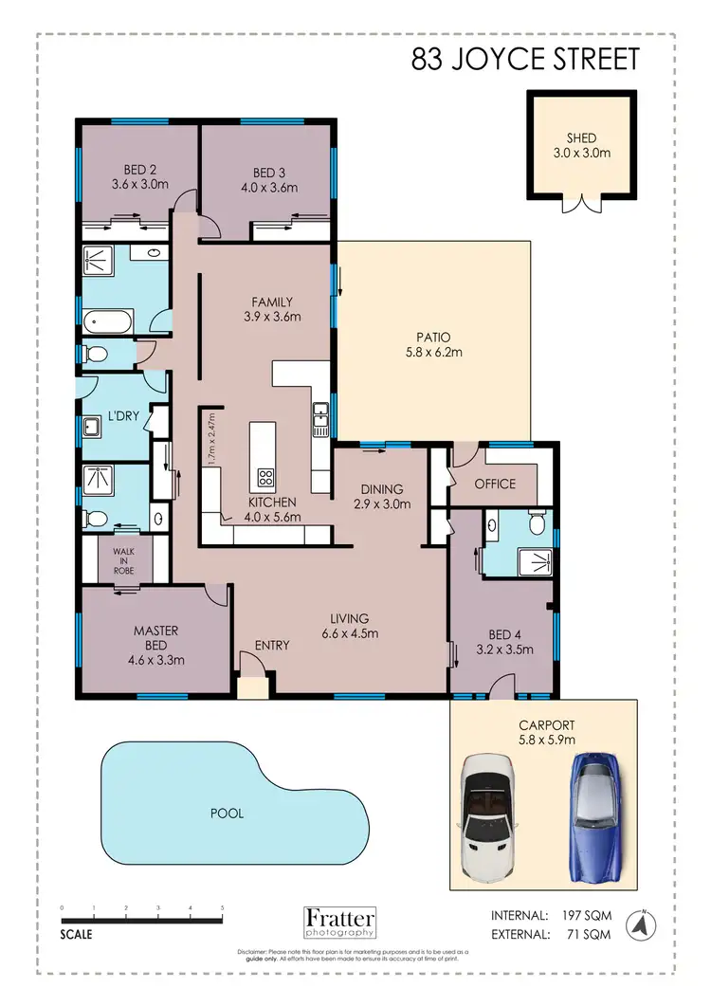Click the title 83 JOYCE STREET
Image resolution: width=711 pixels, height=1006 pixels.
tap(525, 60)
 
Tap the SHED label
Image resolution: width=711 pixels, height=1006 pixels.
tap(582, 138)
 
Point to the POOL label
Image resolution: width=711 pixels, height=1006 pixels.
tap(228, 814)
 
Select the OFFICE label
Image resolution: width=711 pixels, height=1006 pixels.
tap(495, 484)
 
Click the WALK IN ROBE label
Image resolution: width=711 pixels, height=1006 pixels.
tap(124, 559)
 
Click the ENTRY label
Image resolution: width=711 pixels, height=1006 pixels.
tap(272, 646)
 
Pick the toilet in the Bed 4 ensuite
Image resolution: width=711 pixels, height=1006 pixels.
tap(537, 523)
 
